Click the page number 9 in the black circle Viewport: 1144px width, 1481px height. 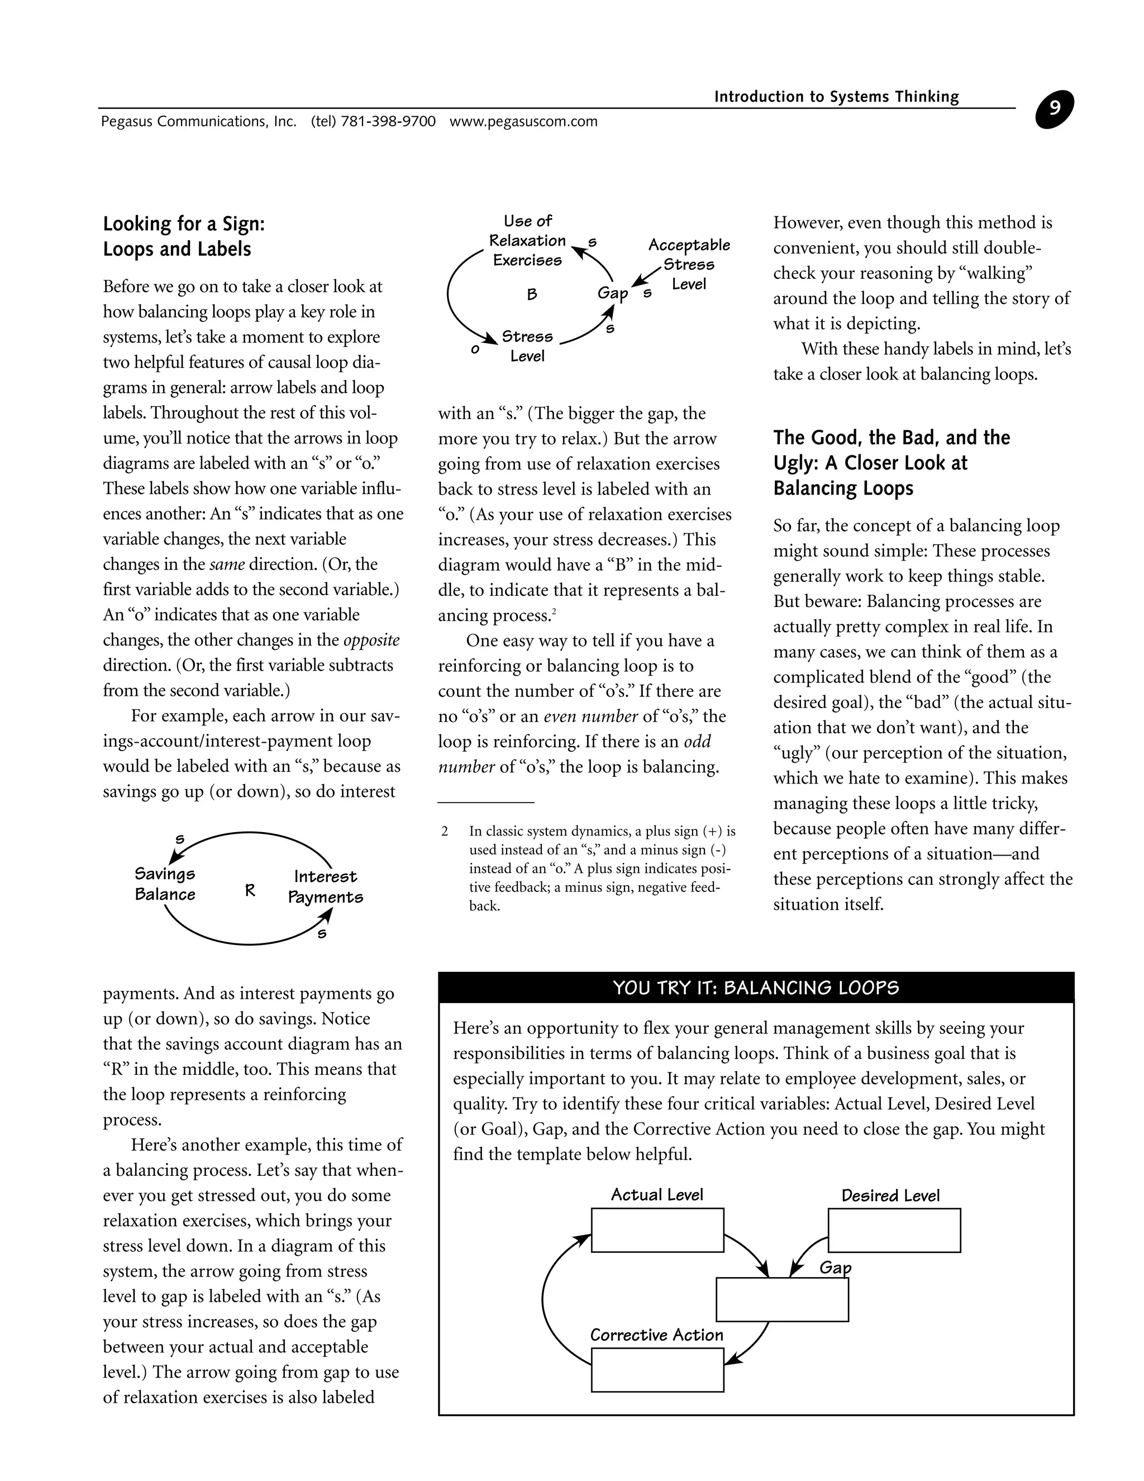(1054, 109)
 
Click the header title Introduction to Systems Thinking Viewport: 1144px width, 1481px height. (836, 97)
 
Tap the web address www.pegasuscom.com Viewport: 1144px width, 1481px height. (523, 122)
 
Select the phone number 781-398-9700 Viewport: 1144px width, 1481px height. (388, 122)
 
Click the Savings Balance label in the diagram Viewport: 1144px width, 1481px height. (165, 884)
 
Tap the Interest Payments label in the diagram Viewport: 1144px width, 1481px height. (325, 887)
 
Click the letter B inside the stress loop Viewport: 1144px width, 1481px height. (532, 295)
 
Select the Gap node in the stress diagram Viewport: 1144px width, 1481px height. (612, 293)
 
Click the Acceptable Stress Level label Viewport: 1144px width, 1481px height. (689, 264)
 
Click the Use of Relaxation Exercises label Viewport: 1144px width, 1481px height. (527, 241)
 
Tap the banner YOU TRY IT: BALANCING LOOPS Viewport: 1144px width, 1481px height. (756, 988)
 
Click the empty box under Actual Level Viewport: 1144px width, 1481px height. (657, 1230)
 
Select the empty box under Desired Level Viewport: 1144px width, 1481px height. (894, 1230)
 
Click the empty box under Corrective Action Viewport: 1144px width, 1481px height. (657, 1370)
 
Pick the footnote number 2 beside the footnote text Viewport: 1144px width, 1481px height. (445, 832)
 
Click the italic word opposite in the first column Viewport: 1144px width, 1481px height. (371, 640)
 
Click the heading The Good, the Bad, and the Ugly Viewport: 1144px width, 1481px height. (891, 463)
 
